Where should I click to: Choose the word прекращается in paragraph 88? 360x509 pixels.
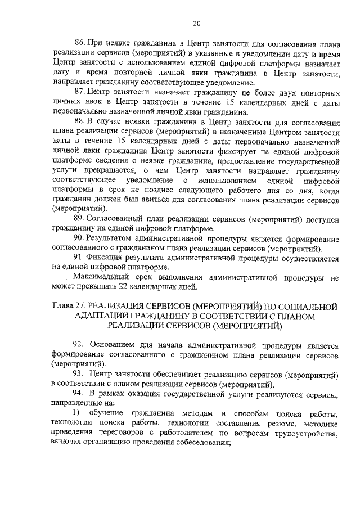coord(103,170)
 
